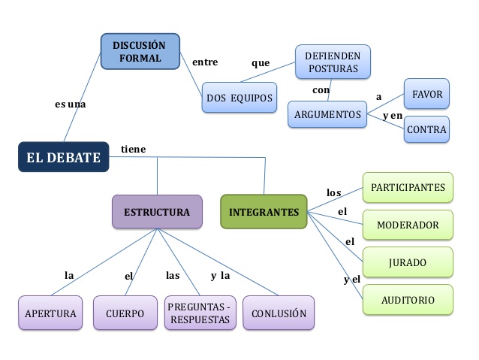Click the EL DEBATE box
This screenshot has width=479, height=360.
[x=63, y=157]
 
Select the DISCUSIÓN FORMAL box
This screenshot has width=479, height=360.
[x=140, y=52]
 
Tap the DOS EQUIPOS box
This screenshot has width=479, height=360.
[x=239, y=98]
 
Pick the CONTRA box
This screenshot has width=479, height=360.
[x=426, y=129]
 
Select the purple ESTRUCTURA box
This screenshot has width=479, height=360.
[x=157, y=212]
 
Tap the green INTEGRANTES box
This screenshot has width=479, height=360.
[x=264, y=212]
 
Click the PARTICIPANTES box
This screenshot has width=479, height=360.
[x=408, y=187]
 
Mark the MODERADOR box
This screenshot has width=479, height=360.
[x=408, y=225]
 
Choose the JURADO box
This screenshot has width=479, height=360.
[x=408, y=262]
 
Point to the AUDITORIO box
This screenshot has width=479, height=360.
[x=408, y=299]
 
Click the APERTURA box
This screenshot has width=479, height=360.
[x=50, y=313]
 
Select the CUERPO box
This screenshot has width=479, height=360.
[x=124, y=313]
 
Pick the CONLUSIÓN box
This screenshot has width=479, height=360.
[x=279, y=313]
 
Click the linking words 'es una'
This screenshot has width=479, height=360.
[x=71, y=104]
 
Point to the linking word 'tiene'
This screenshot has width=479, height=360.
[x=134, y=150]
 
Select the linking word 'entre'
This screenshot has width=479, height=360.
[x=205, y=62]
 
